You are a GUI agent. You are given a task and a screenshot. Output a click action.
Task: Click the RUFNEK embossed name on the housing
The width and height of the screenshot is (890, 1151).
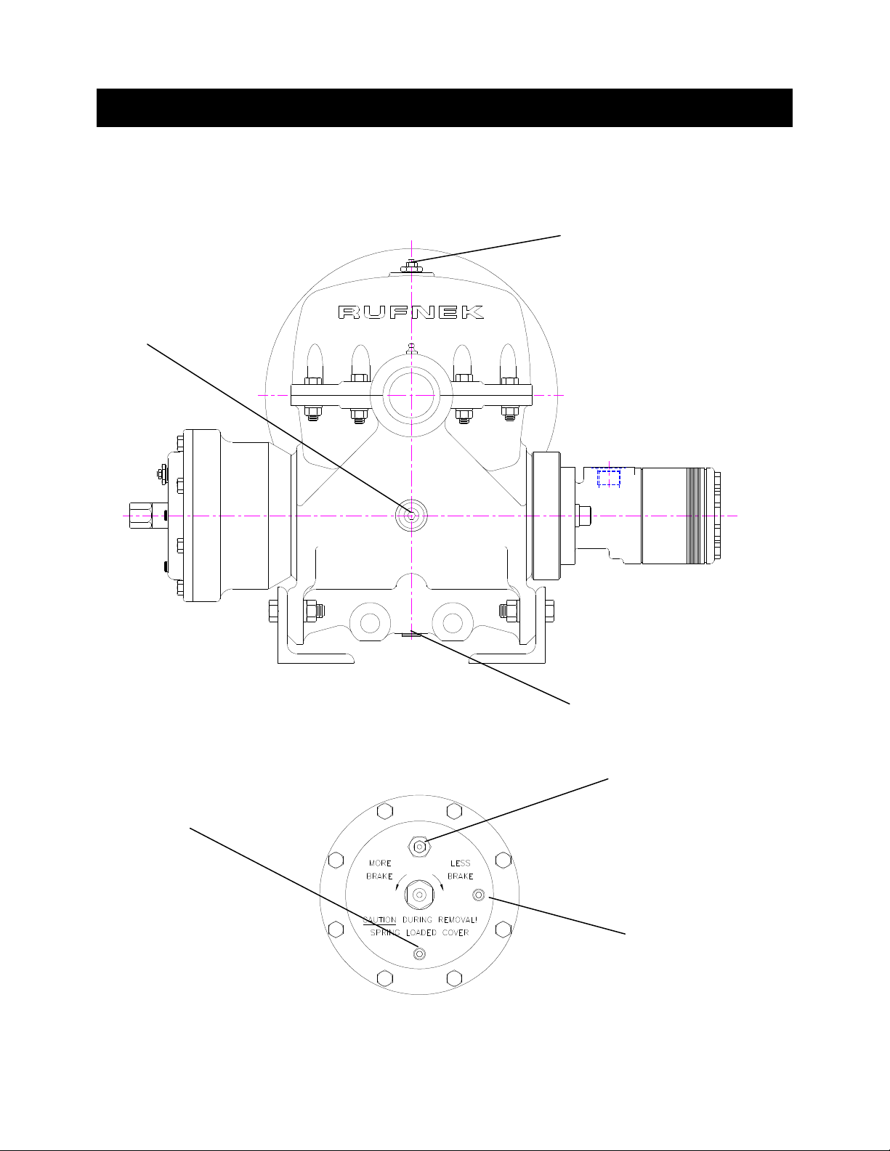pyautogui.click(x=411, y=312)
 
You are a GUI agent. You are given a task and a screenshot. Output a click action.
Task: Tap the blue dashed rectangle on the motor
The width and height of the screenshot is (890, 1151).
pyautogui.click(x=609, y=478)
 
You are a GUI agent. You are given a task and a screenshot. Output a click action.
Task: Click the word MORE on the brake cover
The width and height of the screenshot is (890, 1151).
pyautogui.click(x=380, y=863)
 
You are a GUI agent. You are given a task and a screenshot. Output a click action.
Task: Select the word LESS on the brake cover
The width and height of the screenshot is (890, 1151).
pyautogui.click(x=460, y=863)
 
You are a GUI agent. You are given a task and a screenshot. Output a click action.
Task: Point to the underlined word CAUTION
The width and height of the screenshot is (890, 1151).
pyautogui.click(x=380, y=919)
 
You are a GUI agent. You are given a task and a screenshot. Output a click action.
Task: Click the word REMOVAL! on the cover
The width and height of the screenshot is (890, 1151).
pyautogui.click(x=457, y=919)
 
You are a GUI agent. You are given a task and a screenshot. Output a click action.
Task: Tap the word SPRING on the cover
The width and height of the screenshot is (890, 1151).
pyautogui.click(x=384, y=932)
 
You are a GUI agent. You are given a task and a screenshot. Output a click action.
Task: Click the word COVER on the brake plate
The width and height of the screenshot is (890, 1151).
pyautogui.click(x=456, y=932)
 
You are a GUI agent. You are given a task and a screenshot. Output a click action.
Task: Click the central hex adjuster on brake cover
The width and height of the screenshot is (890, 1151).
pyautogui.click(x=419, y=895)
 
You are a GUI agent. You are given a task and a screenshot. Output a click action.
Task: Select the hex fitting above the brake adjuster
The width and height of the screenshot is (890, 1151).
pyautogui.click(x=419, y=847)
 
